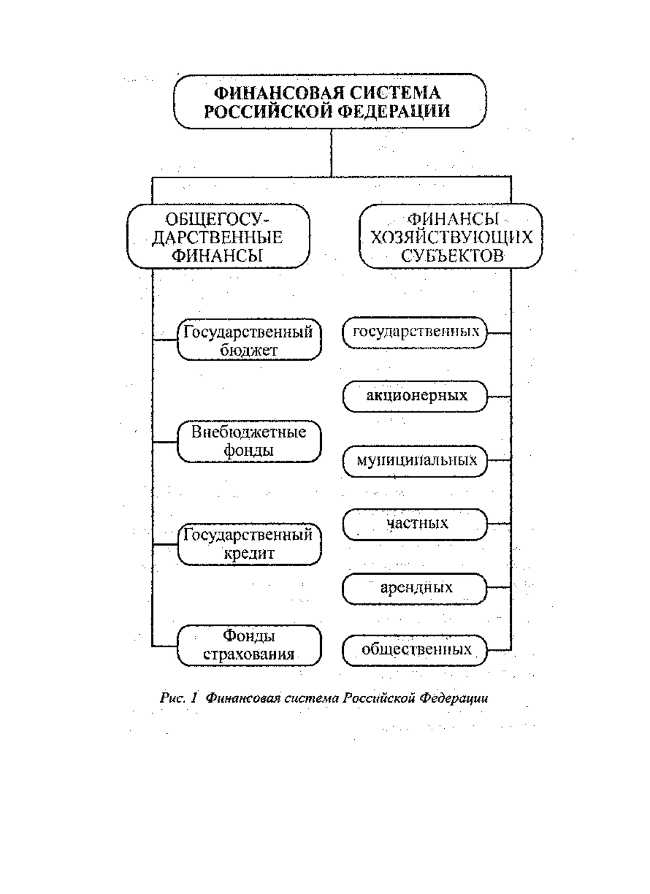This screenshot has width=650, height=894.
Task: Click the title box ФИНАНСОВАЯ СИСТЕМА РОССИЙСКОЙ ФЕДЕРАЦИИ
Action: (329, 101)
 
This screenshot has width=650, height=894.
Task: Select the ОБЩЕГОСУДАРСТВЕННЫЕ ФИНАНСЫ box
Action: (219, 236)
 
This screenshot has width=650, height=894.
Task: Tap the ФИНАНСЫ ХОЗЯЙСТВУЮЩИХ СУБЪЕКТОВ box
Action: (451, 236)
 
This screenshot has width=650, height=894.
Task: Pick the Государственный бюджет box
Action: (249, 340)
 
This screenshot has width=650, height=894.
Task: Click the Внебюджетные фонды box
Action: (249, 442)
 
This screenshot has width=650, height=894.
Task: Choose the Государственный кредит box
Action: (249, 545)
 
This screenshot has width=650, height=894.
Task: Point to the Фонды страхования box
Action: (249, 646)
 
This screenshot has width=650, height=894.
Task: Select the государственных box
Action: (415, 333)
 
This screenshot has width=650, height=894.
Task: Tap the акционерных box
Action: (415, 396)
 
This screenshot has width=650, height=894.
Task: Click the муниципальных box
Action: (415, 461)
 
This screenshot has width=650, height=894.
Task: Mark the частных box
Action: (415, 524)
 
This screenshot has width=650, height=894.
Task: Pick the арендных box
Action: (415, 588)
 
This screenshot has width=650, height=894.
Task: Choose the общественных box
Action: (415, 651)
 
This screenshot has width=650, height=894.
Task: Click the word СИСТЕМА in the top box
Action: (395, 93)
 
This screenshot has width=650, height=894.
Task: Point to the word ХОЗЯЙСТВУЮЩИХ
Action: (451, 237)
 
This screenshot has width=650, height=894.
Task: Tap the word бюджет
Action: (249, 350)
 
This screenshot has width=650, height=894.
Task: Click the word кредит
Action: (249, 554)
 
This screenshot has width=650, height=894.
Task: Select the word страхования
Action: (249, 655)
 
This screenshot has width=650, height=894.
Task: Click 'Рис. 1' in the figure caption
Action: (179, 698)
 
